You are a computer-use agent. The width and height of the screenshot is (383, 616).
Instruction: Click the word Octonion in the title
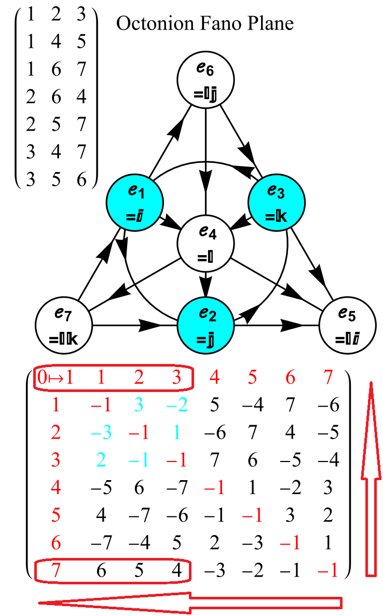(x=151, y=24)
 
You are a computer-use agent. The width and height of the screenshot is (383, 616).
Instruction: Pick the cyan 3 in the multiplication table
(x=139, y=405)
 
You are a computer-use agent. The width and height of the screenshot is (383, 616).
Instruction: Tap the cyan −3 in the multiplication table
(x=98, y=432)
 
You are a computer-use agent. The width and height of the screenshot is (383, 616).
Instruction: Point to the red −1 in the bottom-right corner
(x=329, y=571)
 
